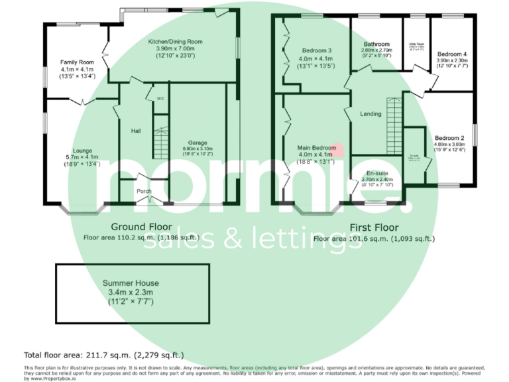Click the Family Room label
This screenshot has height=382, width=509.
pyautogui.click(x=78, y=62)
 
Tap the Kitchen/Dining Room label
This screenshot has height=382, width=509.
pyautogui.click(x=175, y=41)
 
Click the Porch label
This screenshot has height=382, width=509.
pyautogui.click(x=144, y=192)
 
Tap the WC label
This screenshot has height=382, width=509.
pyautogui.click(x=160, y=99)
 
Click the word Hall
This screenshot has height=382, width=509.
pyautogui.click(x=136, y=131)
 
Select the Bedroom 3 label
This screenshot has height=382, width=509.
pyautogui.click(x=317, y=50)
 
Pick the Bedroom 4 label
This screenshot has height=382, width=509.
pyautogui.click(x=451, y=54)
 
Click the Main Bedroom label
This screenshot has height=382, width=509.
pyautogui.click(x=316, y=147)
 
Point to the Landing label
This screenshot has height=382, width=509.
pyautogui.click(x=370, y=114)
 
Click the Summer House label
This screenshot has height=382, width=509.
pyautogui.click(x=133, y=283)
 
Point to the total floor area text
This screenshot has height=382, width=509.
pyautogui.click(x=104, y=355)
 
